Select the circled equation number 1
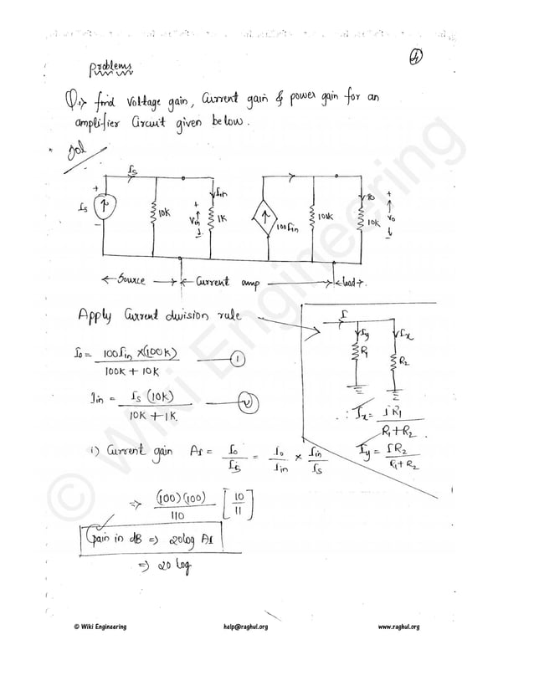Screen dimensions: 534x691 pyautogui.click(x=236, y=360)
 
